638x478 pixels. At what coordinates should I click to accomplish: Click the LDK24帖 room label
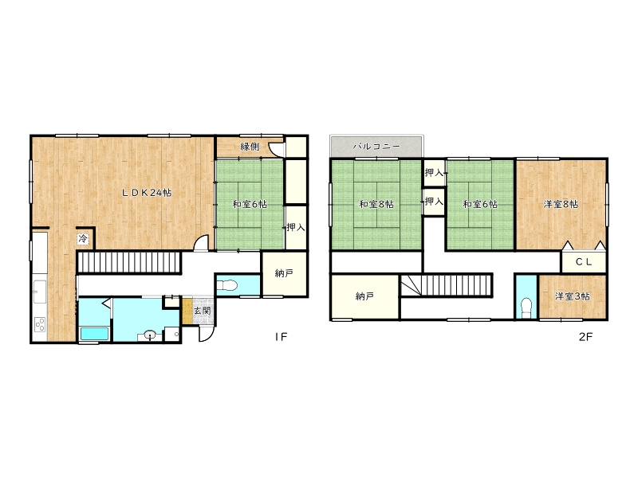pos(147,193)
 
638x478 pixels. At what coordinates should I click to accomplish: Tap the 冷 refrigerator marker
pos(83,238)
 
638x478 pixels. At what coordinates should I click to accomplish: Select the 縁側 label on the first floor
pos(250,147)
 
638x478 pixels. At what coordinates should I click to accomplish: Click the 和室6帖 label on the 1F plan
pos(250,204)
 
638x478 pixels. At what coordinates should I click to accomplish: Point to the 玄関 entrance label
pos(202,311)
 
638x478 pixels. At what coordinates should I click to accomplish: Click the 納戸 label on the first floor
pos(284,273)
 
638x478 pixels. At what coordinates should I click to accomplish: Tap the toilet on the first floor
pos(229,286)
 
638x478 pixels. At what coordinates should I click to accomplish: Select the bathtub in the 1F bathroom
pos(94,334)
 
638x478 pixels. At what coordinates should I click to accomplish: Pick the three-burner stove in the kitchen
pos(41,324)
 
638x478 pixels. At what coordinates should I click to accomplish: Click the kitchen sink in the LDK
pos(40,292)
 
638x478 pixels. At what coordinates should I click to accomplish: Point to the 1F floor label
pos(282,336)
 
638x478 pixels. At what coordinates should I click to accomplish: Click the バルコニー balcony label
pos(376,147)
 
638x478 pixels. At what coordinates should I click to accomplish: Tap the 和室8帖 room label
pos(376,204)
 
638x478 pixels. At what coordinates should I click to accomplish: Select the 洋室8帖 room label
pos(561,204)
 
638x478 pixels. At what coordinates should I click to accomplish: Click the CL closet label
pos(585,262)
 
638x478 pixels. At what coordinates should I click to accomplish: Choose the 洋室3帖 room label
pos(573,296)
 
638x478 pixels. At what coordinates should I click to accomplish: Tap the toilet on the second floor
pos(526,308)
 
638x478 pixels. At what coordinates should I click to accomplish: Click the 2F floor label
pos(586,337)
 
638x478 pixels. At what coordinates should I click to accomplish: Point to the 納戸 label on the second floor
pos(364,296)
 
